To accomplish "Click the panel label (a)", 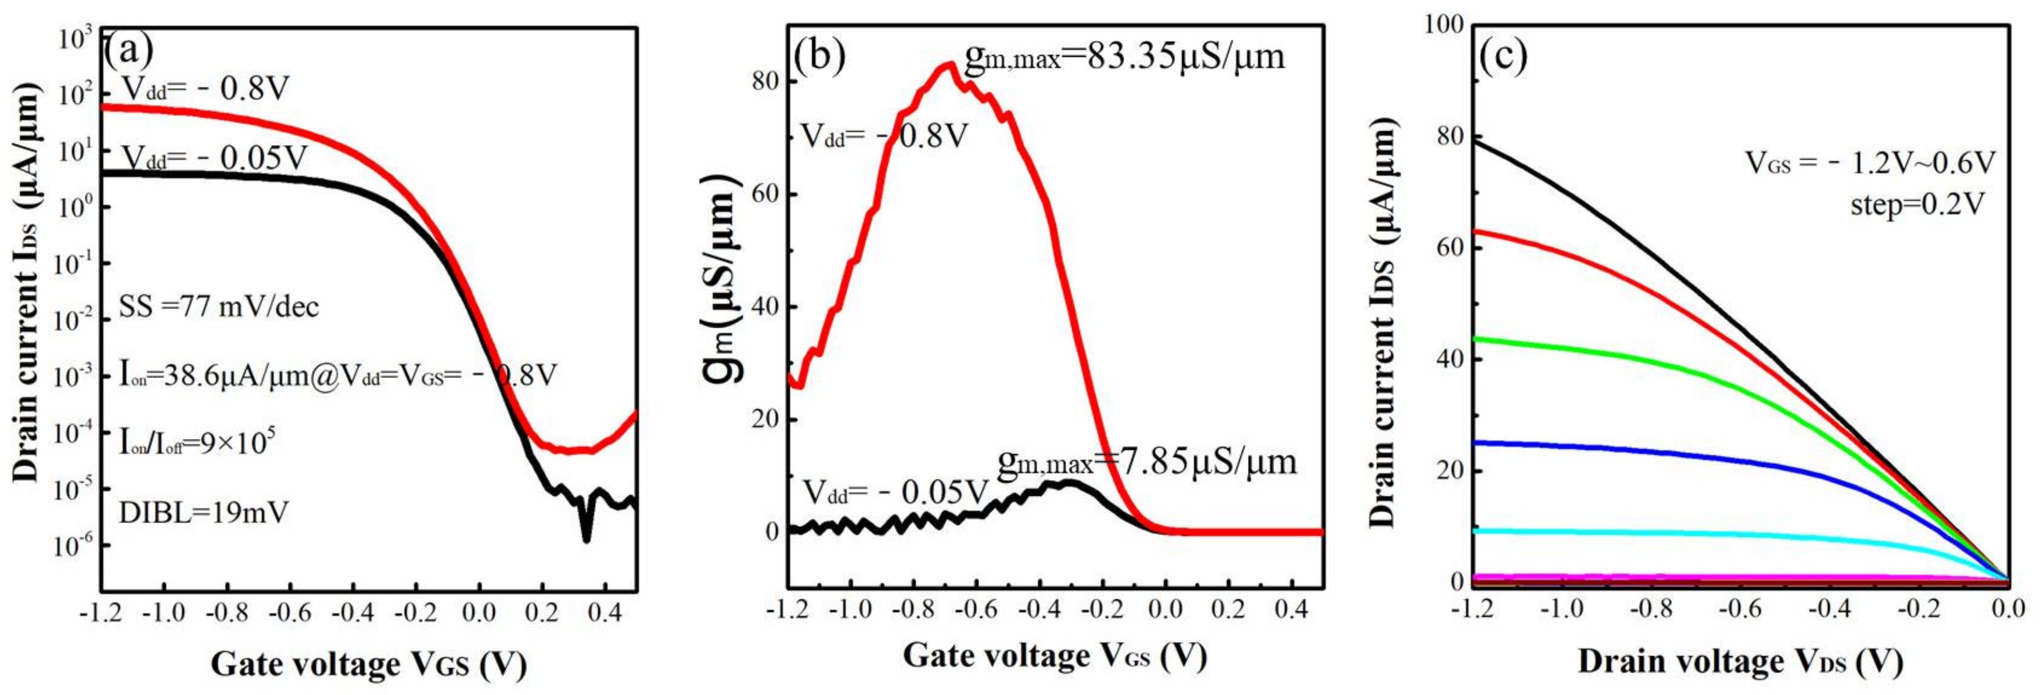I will [128, 52].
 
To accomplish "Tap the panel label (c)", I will [1503, 57].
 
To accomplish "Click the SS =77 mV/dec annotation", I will [218, 307].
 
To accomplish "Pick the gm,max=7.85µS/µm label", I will [1147, 462].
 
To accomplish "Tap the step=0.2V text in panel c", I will [1917, 205].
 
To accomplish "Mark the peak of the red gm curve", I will [947, 65].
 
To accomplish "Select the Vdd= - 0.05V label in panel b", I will [895, 492].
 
